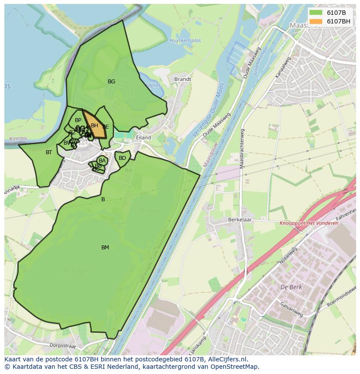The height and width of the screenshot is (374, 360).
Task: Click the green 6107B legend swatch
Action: click(x=316, y=13)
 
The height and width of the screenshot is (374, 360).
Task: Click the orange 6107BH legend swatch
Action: click(x=316, y=21)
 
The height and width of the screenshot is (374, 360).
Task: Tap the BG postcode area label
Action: click(x=111, y=82)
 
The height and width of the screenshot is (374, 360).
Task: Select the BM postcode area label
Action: click(x=105, y=248)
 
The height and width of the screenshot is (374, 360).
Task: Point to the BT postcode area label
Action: click(x=49, y=152)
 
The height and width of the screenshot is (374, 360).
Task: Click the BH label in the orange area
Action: click(x=94, y=126)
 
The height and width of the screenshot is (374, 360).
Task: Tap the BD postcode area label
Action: click(x=122, y=158)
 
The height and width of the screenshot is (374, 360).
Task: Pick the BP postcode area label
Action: click(x=78, y=120)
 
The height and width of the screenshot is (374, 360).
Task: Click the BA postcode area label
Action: click(x=102, y=161)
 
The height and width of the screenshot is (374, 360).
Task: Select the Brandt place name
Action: click(x=183, y=79)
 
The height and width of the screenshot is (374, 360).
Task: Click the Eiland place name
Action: click(x=143, y=138)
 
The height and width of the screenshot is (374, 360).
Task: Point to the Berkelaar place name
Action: click(x=240, y=220)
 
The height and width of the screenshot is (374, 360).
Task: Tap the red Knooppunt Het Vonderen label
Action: click(x=309, y=223)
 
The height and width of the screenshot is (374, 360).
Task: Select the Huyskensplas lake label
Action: click(x=185, y=41)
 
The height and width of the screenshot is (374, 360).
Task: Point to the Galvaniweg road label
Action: click(x=291, y=309)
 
